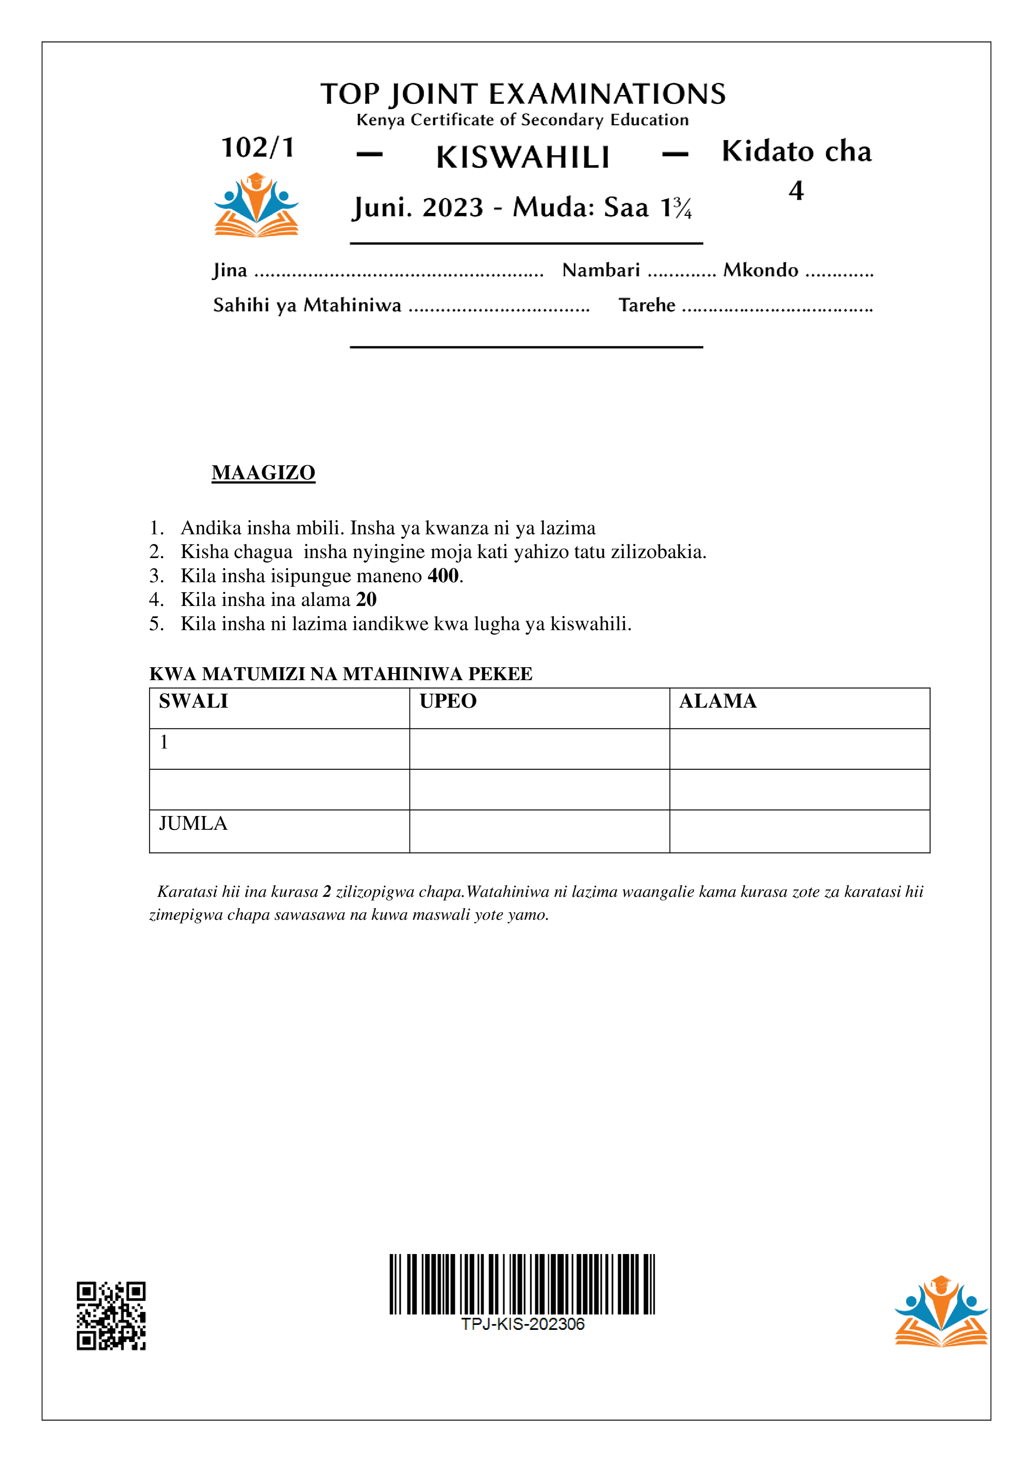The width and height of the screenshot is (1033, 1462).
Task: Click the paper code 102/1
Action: (258, 148)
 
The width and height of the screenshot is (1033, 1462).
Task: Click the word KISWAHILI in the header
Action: (523, 157)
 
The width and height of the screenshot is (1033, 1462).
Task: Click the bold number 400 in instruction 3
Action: (443, 576)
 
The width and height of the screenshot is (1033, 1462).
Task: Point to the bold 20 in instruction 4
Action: (366, 599)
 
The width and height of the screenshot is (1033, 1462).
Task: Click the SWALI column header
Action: (193, 701)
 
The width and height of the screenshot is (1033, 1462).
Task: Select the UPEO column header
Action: (448, 701)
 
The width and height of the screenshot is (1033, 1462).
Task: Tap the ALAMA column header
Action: (717, 701)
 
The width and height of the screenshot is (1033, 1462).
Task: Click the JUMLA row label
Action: (193, 824)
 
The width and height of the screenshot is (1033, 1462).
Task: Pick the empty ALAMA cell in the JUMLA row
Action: (799, 831)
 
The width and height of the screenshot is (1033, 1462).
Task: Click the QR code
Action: (111, 1316)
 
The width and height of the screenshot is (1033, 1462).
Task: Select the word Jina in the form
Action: (230, 270)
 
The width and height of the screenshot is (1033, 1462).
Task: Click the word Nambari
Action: (601, 270)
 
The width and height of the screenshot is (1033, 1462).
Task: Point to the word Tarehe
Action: (646, 305)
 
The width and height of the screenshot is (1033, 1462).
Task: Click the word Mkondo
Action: (761, 270)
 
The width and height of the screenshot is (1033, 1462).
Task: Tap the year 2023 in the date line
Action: (452, 208)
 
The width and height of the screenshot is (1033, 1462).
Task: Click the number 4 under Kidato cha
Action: (796, 190)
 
